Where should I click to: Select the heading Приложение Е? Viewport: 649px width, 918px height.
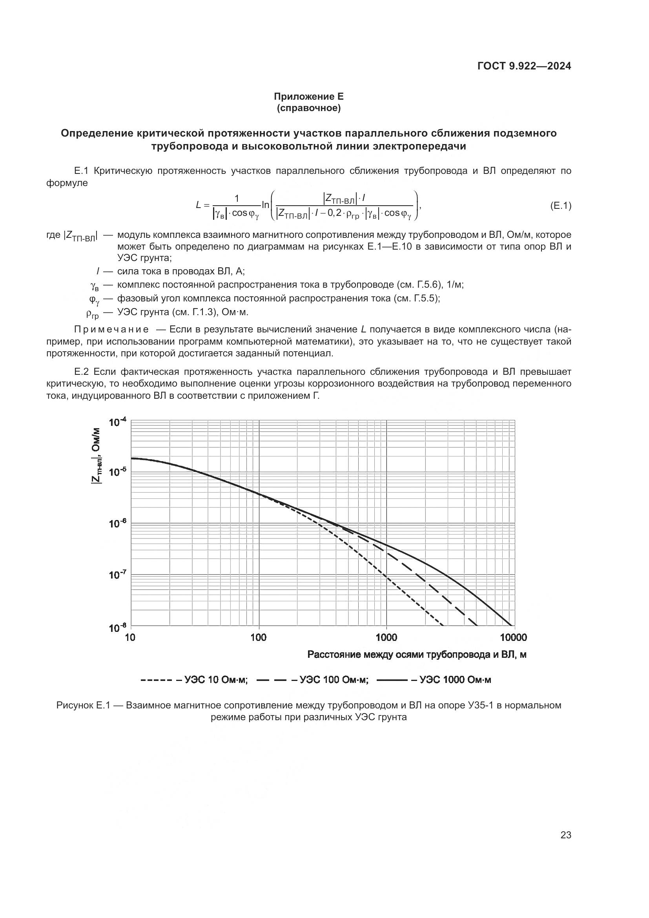click(308, 97)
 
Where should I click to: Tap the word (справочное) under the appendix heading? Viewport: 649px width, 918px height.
click(308, 108)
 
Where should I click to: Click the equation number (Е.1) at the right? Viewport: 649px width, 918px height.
click(560, 206)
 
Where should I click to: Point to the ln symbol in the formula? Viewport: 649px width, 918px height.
click(265, 205)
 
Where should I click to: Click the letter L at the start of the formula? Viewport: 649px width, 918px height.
click(199, 205)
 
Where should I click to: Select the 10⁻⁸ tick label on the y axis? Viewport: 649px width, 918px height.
click(117, 628)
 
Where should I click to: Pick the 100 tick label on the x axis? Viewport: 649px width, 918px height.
click(259, 637)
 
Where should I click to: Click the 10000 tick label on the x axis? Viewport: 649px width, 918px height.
click(513, 637)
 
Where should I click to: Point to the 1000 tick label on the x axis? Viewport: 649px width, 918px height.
click(386, 637)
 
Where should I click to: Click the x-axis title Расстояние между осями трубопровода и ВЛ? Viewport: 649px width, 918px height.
click(417, 655)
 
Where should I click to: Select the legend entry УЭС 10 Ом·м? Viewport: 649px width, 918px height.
click(216, 680)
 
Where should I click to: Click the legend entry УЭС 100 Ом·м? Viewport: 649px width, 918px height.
click(334, 680)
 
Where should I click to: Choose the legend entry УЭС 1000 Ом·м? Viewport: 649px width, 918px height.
click(455, 680)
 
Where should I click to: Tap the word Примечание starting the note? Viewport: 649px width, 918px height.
click(111, 329)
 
